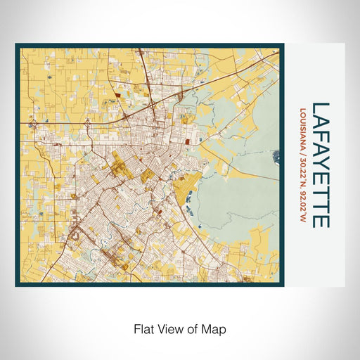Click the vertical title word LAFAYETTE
[x=320, y=165]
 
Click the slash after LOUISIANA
[x=303, y=156]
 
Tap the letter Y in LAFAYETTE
[x=320, y=165]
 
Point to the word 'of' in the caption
[x=195, y=328]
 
